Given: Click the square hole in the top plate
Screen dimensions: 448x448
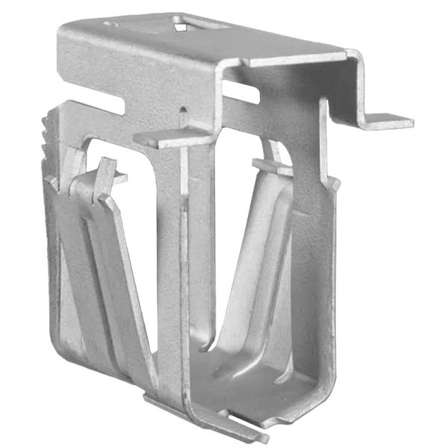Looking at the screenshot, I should (x=181, y=27).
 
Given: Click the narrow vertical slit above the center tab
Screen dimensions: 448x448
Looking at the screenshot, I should (x=182, y=118).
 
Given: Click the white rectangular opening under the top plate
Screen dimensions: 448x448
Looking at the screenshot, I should (x=240, y=91).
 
